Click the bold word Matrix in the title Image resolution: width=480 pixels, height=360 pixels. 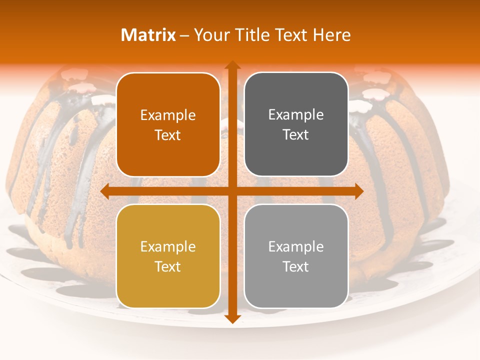pos(148,35)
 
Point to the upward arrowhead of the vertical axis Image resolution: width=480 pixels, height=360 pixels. pos(232,65)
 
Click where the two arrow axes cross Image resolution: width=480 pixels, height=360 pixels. pos(232,191)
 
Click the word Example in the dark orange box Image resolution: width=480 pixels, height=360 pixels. pos(168,115)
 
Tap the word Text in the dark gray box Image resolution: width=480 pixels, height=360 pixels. pos(296,135)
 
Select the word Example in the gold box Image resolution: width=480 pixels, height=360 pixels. pos(168,247)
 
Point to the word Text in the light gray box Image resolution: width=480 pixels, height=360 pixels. pos(296,266)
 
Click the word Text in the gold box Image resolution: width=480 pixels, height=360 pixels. pos(168,266)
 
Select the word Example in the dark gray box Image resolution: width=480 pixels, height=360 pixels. pos(296,115)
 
